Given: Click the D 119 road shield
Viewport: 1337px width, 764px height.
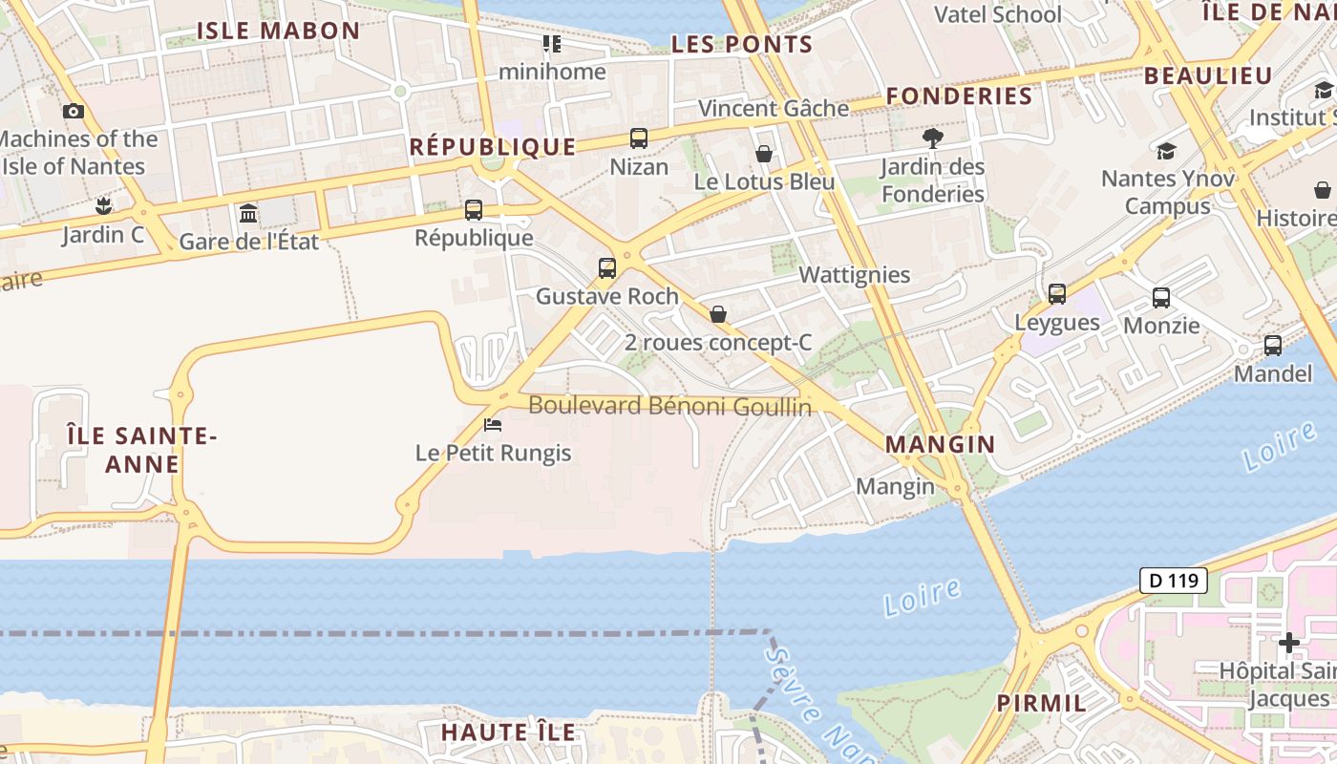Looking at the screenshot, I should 1173,580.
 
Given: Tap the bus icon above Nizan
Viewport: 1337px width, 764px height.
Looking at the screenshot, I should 639,138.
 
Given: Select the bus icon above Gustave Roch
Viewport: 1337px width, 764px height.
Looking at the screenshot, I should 607,267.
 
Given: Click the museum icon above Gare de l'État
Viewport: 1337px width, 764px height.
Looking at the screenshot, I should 249,212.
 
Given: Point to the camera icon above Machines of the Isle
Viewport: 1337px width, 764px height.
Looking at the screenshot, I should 74,111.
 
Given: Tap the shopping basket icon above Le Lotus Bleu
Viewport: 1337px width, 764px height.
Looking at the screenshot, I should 764,153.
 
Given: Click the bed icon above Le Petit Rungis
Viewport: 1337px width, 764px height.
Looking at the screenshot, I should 493,424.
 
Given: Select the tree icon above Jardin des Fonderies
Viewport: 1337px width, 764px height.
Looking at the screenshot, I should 933,138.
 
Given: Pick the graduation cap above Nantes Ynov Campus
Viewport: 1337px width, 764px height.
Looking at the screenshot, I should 1166,151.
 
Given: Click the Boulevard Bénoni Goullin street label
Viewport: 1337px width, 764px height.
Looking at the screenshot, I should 669,406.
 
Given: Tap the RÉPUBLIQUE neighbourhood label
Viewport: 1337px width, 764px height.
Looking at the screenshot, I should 493,146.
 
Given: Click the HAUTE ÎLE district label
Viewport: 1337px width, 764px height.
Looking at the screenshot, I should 508,732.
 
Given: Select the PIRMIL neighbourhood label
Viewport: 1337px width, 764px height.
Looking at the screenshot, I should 1041,704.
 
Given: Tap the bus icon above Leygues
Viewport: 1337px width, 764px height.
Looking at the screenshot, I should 1057,294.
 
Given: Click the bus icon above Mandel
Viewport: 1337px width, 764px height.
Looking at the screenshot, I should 1273,346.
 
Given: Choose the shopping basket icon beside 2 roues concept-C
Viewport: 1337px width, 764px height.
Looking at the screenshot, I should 718,314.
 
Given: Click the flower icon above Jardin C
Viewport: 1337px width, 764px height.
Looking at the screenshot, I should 103,205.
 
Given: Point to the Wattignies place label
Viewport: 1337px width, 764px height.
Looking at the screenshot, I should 855,275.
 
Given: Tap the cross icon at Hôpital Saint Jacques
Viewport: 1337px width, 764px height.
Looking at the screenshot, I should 1288,643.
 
